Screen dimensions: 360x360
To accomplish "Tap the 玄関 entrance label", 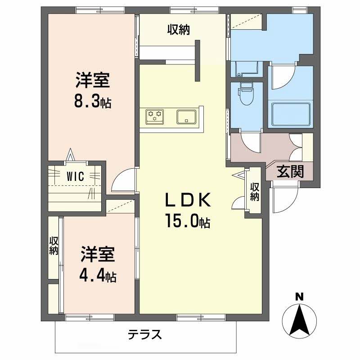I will tap(290, 171).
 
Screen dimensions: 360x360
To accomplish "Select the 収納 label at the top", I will tap(179, 30).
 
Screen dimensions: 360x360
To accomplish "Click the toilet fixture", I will tap(246, 94).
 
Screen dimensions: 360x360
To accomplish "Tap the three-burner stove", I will tap(155, 117).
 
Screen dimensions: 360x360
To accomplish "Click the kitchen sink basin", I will tap(186, 117).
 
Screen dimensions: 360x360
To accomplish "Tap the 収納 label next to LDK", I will tap(255, 191).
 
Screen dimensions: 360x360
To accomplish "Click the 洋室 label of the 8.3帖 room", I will tap(93, 82).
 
